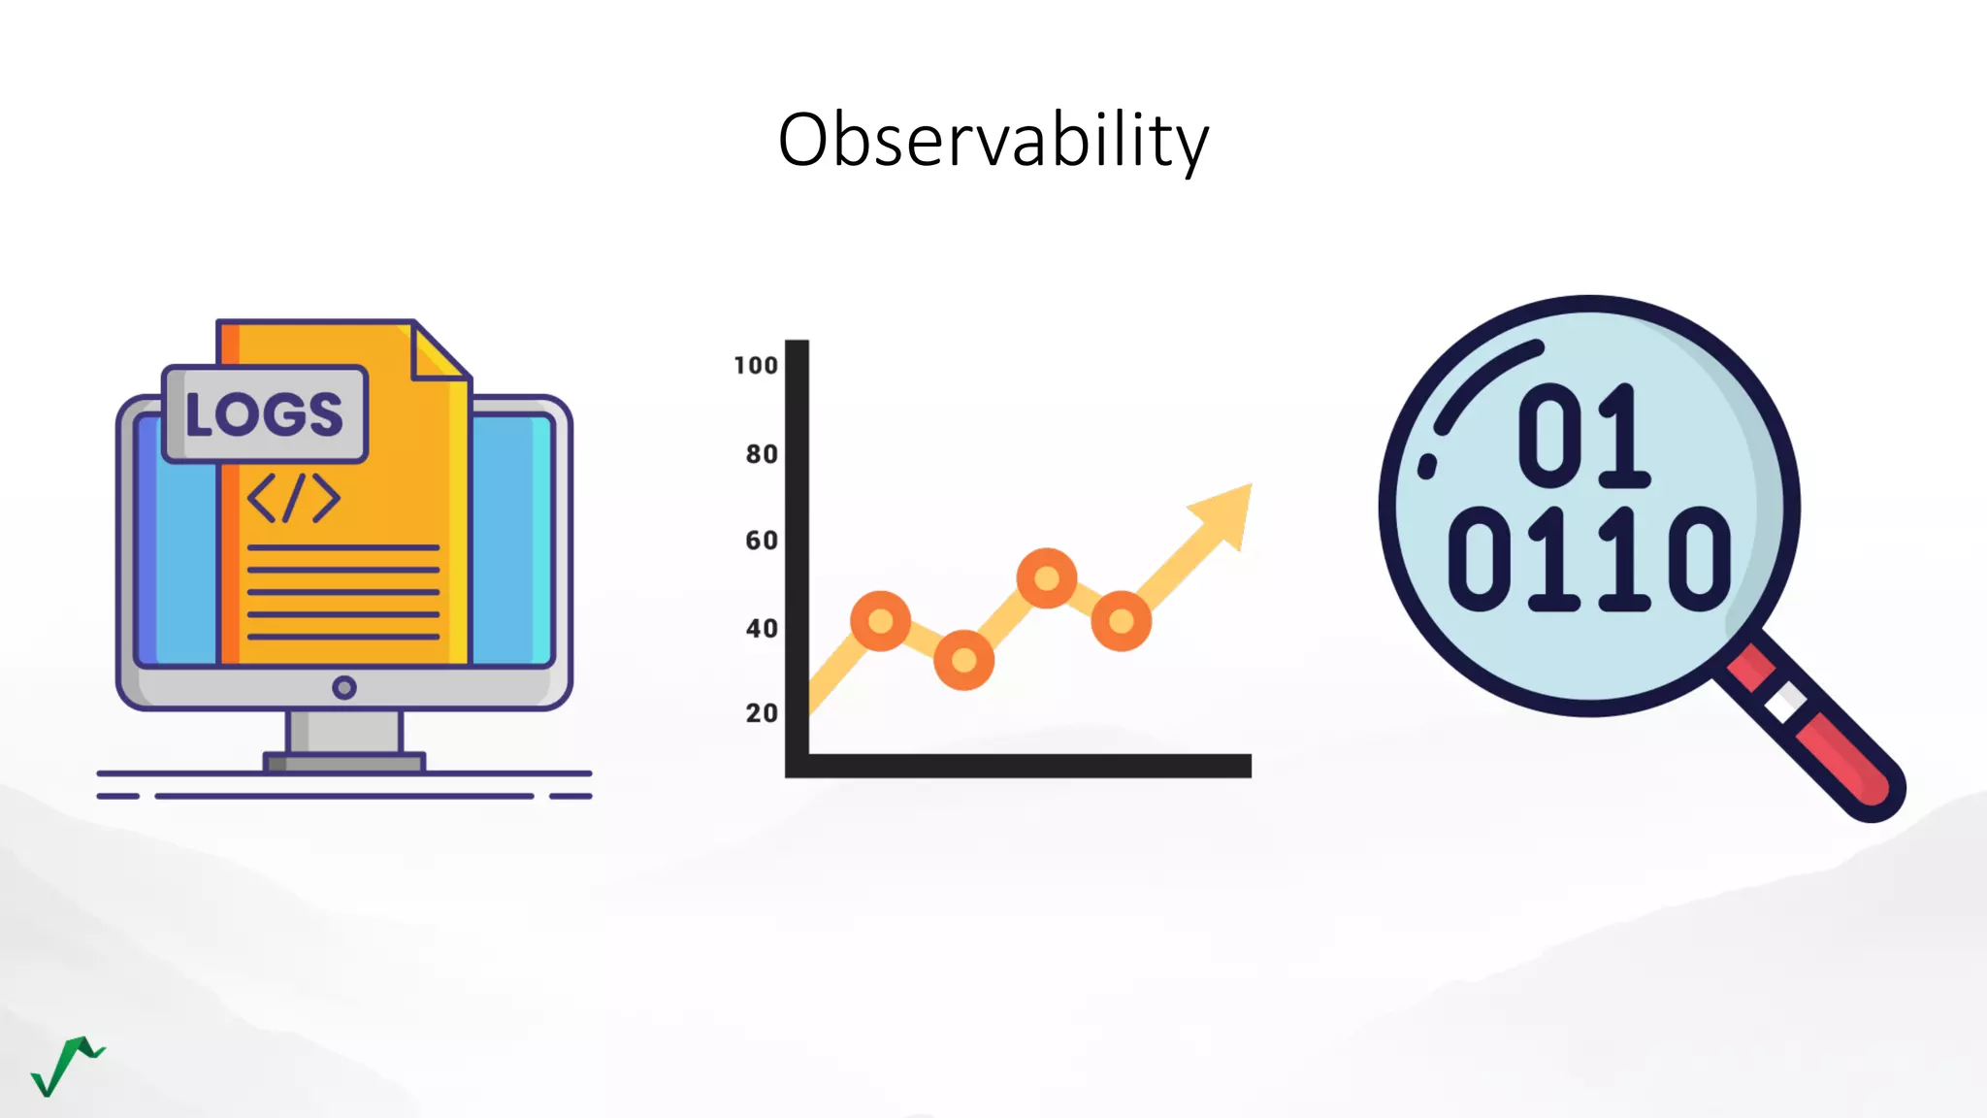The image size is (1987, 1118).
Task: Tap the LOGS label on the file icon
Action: [264, 414]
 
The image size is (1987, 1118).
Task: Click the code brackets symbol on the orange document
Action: [294, 498]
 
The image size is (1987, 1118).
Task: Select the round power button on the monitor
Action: [343, 688]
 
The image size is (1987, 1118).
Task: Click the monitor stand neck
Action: [344, 731]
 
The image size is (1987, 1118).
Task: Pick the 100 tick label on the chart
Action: [756, 366]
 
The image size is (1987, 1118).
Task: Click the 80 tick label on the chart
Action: [762, 454]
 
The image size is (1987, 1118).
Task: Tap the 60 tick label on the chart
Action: [762, 541]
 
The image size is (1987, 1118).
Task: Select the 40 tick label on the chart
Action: [762, 629]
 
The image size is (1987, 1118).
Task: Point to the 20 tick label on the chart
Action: [762, 713]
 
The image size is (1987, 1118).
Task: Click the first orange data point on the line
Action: [880, 621]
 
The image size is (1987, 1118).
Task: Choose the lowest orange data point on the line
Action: [963, 660]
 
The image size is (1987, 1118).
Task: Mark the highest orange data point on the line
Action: [1047, 578]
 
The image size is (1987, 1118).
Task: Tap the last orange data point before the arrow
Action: [1122, 621]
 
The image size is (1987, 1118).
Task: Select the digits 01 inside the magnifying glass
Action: [1583, 436]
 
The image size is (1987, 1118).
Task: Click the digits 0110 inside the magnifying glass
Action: [1589, 559]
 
